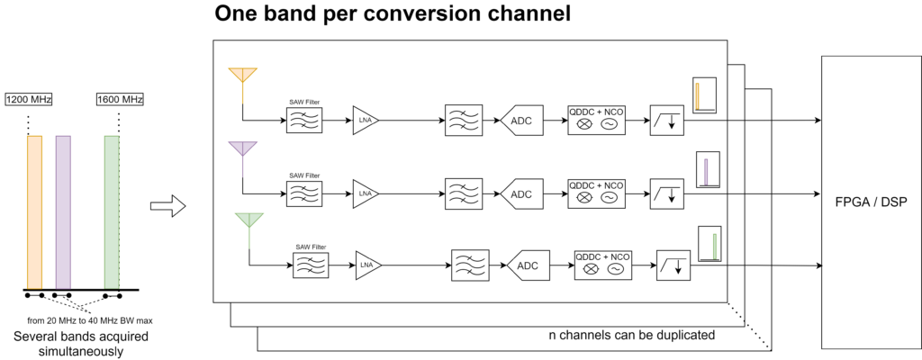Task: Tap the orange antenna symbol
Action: pos(242,75)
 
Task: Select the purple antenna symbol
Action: pos(242,148)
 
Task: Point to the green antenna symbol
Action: pos(249,220)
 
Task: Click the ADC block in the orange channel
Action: pos(521,121)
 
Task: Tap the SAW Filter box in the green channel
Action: pos(308,265)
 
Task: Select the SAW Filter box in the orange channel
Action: pos(304,121)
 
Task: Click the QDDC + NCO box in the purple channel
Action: pos(594,193)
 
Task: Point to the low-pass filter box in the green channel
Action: pos(673,265)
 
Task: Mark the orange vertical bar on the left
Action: pos(35,212)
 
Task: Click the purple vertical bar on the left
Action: pos(63,212)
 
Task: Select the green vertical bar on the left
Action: pos(112,212)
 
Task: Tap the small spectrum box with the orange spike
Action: pos(703,96)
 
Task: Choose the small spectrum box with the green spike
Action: pos(710,243)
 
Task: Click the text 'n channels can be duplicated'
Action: pos(632,336)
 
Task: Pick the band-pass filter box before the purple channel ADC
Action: pos(463,193)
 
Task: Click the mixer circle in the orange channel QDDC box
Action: pos(583,124)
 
